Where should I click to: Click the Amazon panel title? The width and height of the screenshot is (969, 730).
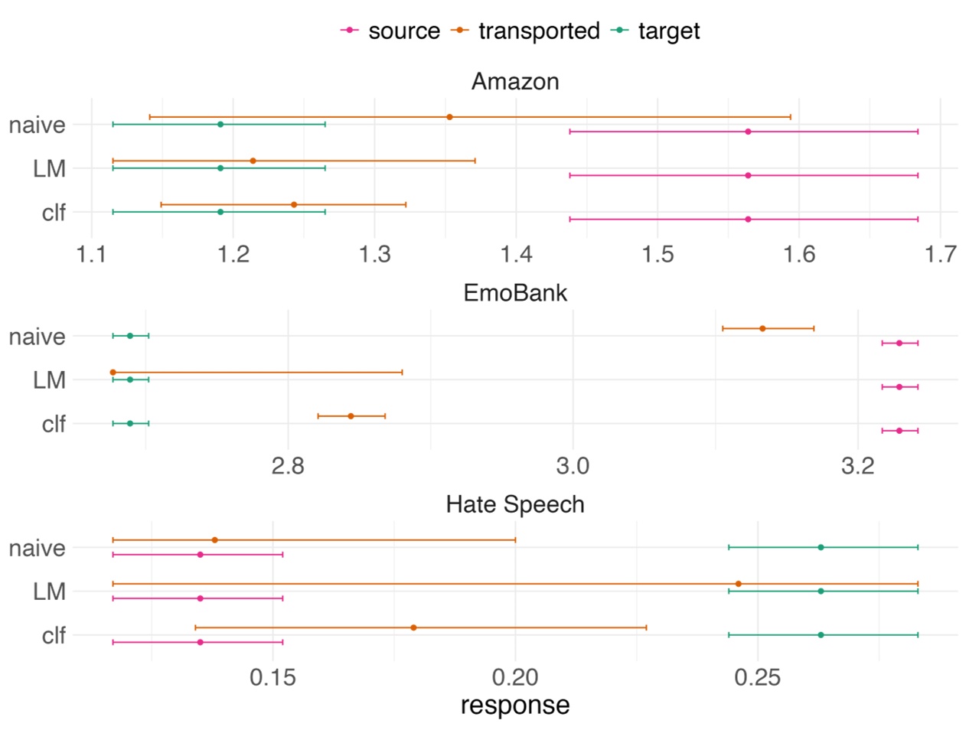(x=515, y=81)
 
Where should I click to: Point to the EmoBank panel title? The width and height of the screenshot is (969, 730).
(x=515, y=292)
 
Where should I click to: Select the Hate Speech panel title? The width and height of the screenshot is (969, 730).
(x=515, y=504)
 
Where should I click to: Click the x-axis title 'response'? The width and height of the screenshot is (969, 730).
(x=515, y=705)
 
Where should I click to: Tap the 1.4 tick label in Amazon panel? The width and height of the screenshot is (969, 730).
(x=516, y=253)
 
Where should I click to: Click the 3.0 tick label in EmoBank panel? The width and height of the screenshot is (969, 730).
(x=573, y=465)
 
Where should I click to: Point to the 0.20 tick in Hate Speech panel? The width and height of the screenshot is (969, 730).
(x=515, y=677)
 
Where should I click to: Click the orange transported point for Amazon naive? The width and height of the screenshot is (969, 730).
(x=449, y=117)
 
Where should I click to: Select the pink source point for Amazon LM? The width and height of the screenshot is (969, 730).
(x=748, y=175)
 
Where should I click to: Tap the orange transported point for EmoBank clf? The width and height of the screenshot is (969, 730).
(x=351, y=416)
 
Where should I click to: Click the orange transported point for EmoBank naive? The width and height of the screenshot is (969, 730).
(x=762, y=328)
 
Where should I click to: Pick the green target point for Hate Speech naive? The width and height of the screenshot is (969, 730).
(x=821, y=547)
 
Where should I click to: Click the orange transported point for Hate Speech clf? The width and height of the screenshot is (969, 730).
(x=413, y=627)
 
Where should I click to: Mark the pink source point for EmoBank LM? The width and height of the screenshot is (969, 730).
(x=899, y=387)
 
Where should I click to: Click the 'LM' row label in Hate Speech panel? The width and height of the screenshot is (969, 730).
(x=49, y=591)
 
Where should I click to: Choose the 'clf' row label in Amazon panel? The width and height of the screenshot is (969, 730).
(x=54, y=212)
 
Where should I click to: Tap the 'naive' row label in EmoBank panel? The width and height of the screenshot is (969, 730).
(x=37, y=336)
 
